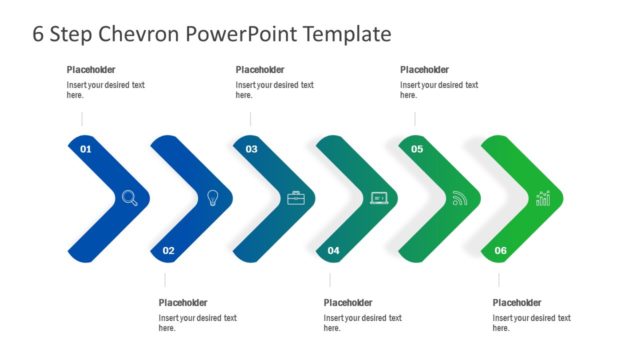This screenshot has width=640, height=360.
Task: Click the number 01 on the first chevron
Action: pos(85,149)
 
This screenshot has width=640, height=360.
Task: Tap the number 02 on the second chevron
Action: pos(168,250)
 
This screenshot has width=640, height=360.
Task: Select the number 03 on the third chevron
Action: pos(251,149)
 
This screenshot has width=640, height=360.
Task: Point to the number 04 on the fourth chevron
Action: pos(333,250)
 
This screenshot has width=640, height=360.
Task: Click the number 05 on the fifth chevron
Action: pos(417,149)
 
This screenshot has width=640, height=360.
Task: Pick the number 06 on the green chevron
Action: pos(500,250)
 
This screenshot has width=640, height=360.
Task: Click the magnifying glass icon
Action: pos(130,198)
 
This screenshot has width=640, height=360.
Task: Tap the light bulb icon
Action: pos(212,198)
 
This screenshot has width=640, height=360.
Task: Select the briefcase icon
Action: pos(296,198)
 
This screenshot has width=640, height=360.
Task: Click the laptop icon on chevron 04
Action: pos(379,198)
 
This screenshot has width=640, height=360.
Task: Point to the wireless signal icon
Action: pos(460,198)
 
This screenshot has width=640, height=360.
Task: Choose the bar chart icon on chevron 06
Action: pos(543,198)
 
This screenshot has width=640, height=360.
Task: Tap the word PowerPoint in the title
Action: pos(250,34)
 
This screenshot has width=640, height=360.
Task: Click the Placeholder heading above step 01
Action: pos(91,70)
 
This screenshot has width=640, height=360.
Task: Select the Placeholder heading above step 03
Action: pos(260,70)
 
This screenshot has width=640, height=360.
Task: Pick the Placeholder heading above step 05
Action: pos(425,70)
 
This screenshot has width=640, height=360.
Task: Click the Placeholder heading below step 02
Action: pos(183,303)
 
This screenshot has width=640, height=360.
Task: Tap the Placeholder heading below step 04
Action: pos(348,303)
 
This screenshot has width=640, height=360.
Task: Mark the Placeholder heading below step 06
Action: pos(517,303)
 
